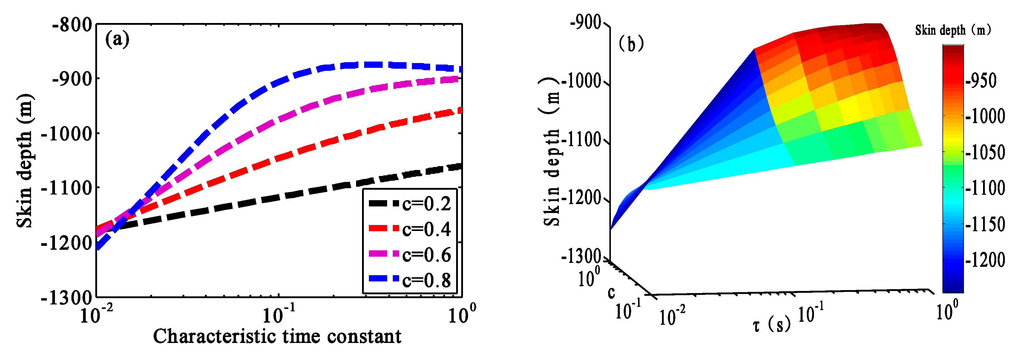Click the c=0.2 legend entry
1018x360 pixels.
coord(410,204)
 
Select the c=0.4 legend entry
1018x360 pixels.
coord(410,229)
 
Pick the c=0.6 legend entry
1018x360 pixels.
coord(410,255)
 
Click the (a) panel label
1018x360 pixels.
coord(117,39)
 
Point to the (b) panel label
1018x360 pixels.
coord(631,43)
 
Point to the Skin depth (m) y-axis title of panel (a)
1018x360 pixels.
coord(24,161)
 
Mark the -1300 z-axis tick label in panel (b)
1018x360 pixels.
coord(581,256)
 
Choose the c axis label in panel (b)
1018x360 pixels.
coord(611,292)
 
